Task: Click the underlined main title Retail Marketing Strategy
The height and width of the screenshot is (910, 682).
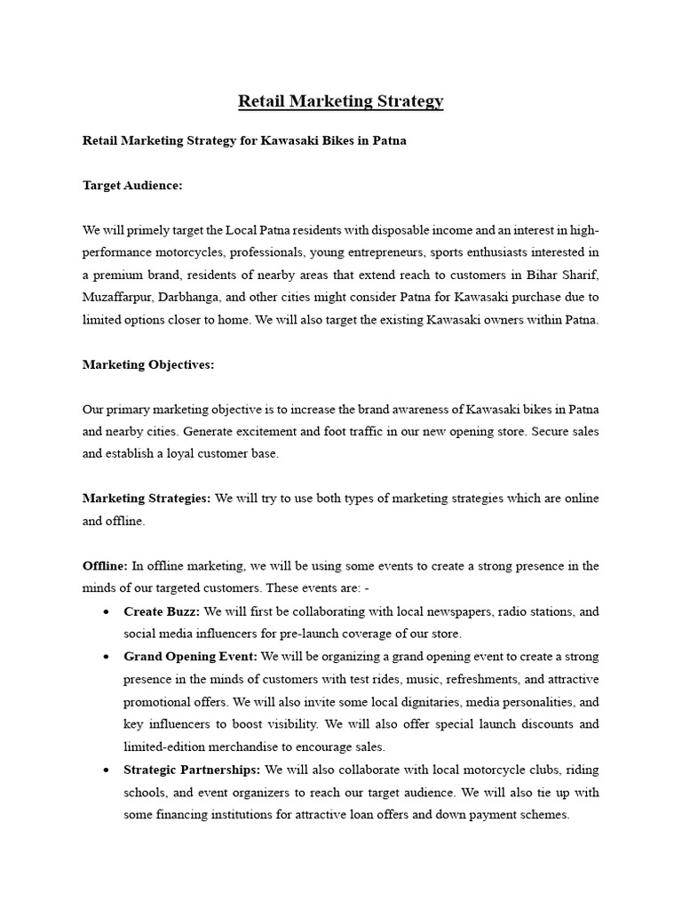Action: click(340, 101)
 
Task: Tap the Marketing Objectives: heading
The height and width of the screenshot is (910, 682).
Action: click(148, 364)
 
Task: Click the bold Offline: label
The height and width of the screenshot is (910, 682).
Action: click(105, 566)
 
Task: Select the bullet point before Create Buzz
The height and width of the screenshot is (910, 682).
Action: click(106, 612)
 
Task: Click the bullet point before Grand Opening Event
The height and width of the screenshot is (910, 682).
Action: click(106, 657)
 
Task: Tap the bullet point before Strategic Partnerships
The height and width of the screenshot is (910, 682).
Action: click(106, 770)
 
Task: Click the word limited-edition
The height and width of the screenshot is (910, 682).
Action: click(166, 746)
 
